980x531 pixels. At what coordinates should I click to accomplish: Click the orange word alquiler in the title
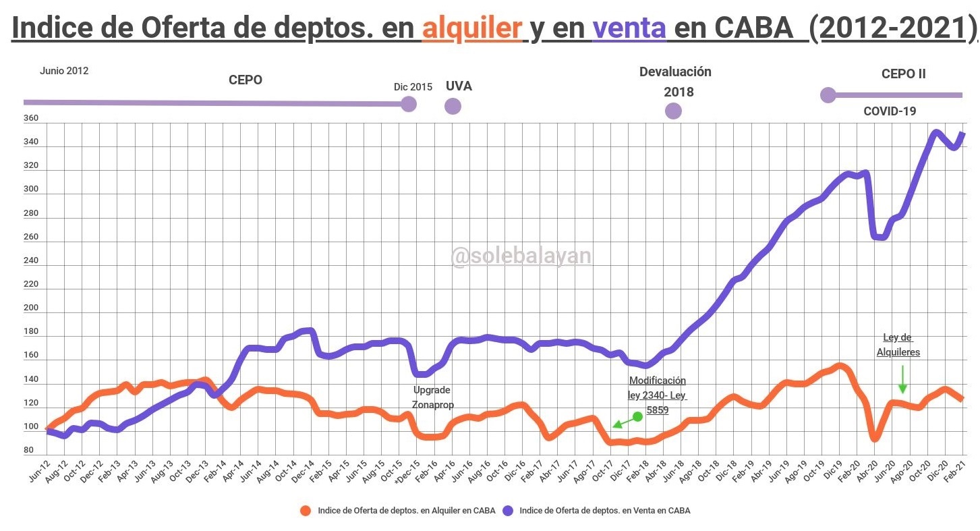point(472,28)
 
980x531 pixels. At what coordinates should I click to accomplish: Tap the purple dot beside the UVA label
point(453,106)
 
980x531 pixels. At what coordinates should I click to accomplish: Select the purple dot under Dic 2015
point(408,104)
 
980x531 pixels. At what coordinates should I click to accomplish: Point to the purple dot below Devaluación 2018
point(673,111)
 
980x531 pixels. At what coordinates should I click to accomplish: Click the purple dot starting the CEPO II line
point(828,95)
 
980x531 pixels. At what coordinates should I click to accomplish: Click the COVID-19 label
point(890,111)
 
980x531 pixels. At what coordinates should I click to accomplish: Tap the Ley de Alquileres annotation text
point(898,345)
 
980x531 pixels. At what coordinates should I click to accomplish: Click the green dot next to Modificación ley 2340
point(637,416)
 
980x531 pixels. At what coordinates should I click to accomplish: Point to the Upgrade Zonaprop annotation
point(433,397)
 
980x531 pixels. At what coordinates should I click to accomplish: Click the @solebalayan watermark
point(521,256)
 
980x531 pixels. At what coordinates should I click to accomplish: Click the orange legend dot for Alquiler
point(306,511)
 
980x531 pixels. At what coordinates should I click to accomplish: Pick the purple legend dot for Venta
point(508,511)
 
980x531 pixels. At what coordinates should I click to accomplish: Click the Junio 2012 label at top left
point(64,71)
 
